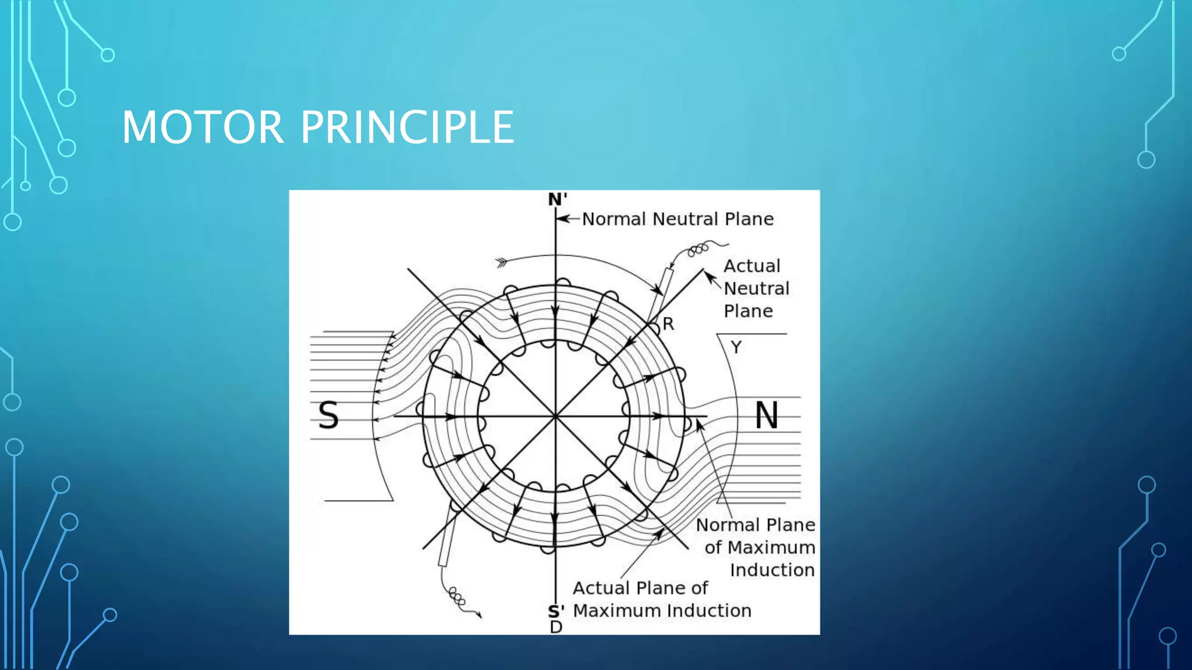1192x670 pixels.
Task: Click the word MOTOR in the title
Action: pyautogui.click(x=203, y=127)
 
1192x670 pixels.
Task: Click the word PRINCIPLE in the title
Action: pyautogui.click(x=407, y=127)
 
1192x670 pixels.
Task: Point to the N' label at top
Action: pyautogui.click(x=557, y=199)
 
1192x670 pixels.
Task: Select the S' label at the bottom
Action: pyautogui.click(x=556, y=611)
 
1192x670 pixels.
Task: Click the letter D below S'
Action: pyautogui.click(x=556, y=627)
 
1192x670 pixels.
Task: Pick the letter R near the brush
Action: pyautogui.click(x=668, y=324)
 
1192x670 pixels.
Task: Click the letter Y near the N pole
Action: pyautogui.click(x=736, y=347)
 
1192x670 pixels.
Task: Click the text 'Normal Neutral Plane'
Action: pyautogui.click(x=677, y=219)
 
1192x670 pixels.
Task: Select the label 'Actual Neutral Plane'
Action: pyautogui.click(x=755, y=288)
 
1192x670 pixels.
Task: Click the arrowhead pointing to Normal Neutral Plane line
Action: pyautogui.click(x=561, y=219)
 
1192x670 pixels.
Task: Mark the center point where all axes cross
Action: pyautogui.click(x=556, y=416)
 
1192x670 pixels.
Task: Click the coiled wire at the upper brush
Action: pyautogui.click(x=698, y=250)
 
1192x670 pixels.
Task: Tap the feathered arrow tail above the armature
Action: pyautogui.click(x=502, y=262)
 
